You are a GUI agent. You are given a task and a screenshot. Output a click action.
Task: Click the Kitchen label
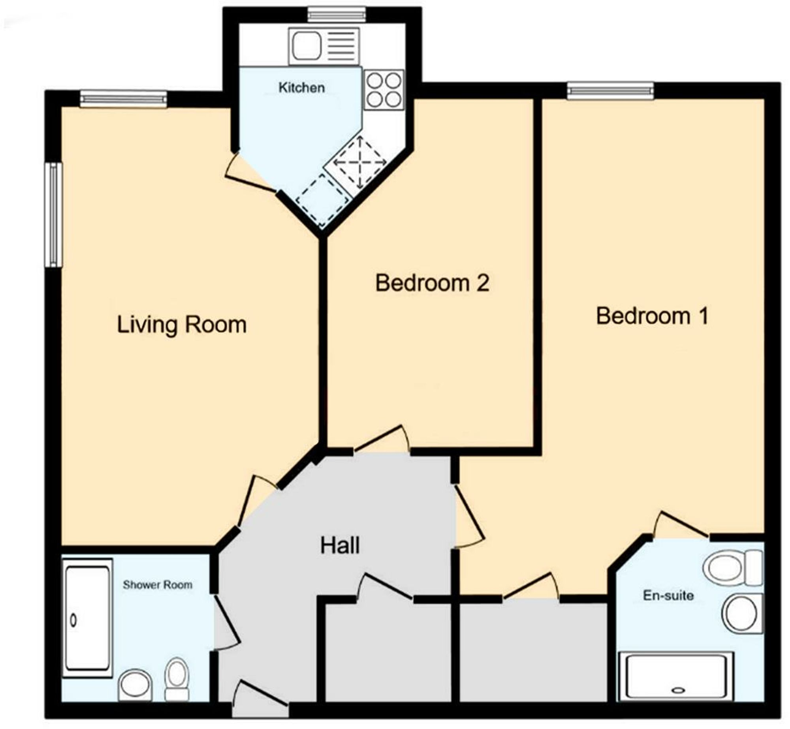301,87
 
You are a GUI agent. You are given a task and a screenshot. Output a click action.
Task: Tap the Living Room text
182,325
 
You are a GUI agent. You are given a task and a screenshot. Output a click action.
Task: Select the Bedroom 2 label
432,283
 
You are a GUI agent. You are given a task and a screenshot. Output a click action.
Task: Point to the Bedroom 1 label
652,316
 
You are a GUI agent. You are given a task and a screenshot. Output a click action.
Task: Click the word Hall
340,545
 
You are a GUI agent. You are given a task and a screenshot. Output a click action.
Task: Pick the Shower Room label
157,584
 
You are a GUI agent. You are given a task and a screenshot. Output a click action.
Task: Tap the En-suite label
668,595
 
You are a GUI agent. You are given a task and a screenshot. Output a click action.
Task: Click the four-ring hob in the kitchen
384,90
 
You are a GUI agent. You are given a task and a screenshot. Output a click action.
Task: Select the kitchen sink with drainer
324,46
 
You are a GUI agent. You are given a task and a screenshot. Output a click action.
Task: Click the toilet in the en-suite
732,568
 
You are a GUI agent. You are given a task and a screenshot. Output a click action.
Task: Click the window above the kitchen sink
337,15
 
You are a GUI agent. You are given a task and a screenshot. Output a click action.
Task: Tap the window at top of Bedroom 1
610,91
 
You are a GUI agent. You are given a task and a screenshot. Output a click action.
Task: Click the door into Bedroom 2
381,439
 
